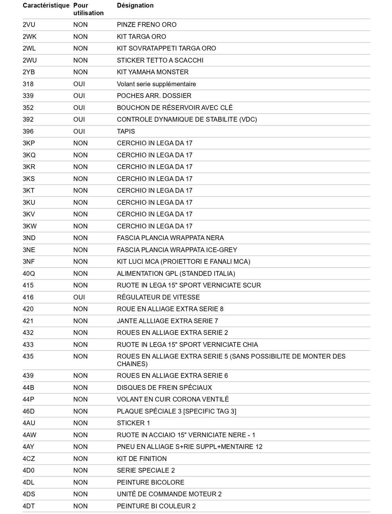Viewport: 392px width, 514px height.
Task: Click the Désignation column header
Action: tap(135, 5)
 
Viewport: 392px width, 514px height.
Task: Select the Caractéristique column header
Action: tap(46, 5)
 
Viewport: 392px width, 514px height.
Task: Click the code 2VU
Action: tap(29, 25)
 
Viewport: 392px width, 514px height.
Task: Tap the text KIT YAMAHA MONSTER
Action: tap(152, 72)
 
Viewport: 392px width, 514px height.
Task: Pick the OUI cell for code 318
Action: tap(79, 84)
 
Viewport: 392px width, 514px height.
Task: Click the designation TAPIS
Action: tap(126, 131)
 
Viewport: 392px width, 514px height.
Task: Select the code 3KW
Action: tap(29, 226)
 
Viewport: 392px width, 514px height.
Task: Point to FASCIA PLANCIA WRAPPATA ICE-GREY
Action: tap(177, 250)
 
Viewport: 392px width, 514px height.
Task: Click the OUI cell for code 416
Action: tap(79, 297)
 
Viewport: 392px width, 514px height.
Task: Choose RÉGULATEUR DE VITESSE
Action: tap(158, 297)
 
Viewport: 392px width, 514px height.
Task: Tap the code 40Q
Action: tap(29, 273)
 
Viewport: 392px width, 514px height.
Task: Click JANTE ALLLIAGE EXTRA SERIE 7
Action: tap(167, 321)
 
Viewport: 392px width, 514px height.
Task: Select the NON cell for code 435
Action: tap(80, 357)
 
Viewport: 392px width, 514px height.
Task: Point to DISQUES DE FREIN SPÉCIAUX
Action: tap(164, 387)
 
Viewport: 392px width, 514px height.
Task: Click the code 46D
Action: tap(29, 411)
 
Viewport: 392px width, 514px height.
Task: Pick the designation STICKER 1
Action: tap(133, 423)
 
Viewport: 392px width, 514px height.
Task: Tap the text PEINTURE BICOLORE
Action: tap(151, 482)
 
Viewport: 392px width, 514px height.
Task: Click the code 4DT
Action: tap(29, 506)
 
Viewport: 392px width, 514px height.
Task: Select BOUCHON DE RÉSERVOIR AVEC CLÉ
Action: tap(174, 108)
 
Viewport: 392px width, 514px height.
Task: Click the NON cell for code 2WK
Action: tap(80, 37)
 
